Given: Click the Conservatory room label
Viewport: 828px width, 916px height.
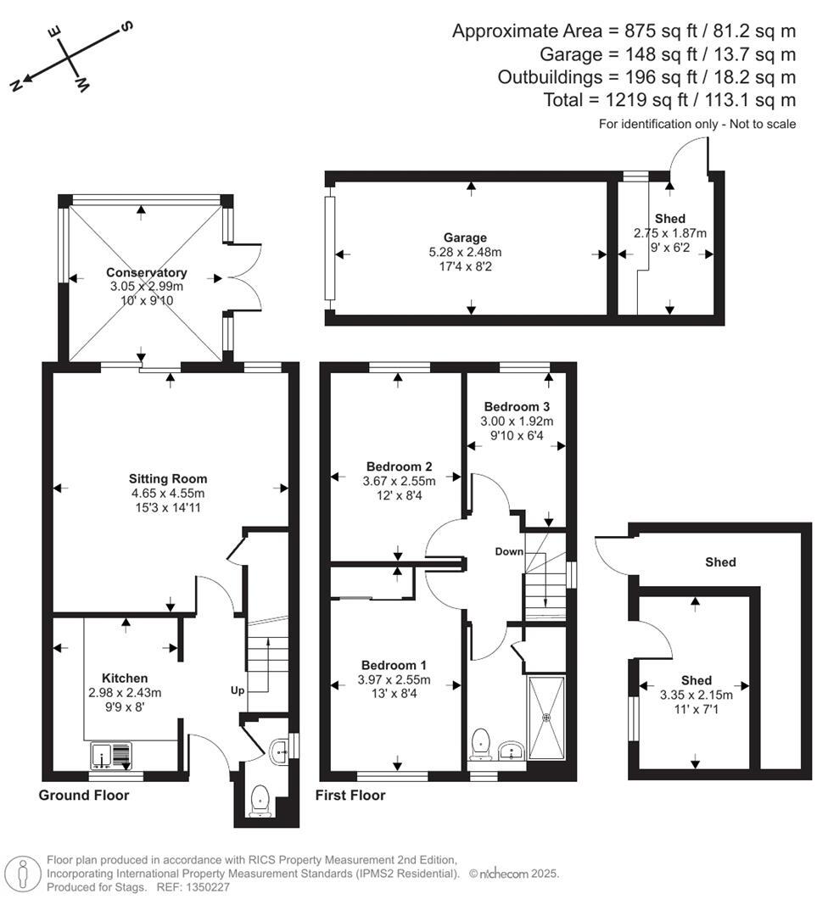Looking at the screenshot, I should [146, 272].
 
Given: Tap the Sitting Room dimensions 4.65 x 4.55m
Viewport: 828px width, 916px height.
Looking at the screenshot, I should [167, 493].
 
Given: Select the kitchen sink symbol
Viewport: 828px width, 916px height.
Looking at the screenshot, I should [112, 754].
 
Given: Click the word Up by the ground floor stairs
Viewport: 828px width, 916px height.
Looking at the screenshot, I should [238, 690].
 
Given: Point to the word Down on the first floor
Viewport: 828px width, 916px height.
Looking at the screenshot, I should [510, 552].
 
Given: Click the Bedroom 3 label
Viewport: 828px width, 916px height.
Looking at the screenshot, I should [511, 406].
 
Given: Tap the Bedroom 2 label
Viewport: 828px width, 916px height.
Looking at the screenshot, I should [399, 466].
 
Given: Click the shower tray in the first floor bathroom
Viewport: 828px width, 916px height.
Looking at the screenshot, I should [547, 718].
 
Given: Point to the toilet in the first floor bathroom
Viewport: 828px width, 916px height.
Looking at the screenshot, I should [482, 744].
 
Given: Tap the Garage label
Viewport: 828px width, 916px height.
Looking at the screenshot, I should [464, 237].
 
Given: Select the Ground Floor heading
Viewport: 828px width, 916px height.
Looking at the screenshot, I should [84, 796].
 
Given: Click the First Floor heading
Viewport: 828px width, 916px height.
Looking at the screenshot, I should [350, 796].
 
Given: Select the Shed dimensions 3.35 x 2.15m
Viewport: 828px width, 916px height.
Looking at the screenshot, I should [696, 695].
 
